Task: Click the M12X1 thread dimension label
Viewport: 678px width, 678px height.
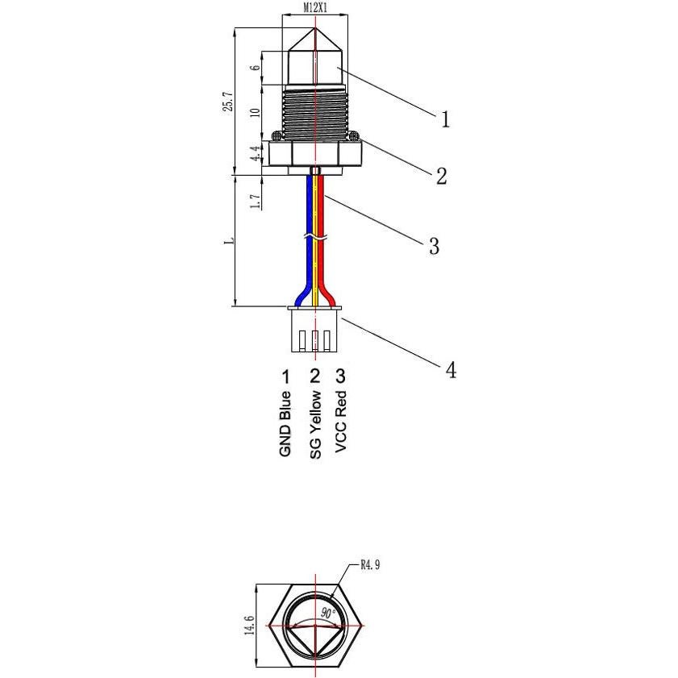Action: click(x=314, y=7)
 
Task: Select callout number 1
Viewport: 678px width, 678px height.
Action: click(x=444, y=119)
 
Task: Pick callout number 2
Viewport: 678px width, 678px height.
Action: click(x=441, y=177)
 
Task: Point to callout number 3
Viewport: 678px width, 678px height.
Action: click(x=434, y=246)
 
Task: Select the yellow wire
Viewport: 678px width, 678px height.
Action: click(x=315, y=266)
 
